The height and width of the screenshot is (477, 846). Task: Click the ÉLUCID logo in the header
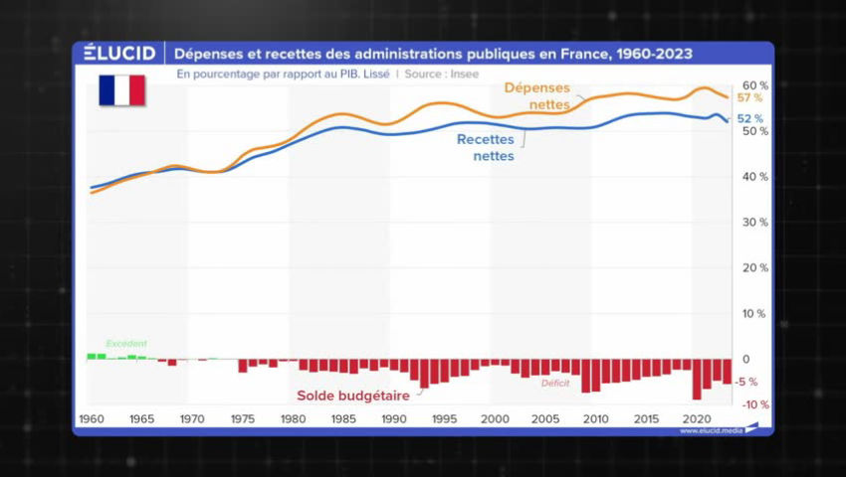coord(118,53)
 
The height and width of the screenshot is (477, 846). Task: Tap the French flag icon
coord(121,90)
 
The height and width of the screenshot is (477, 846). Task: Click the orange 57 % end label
coord(749,98)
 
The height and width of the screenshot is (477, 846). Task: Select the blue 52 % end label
coord(749,119)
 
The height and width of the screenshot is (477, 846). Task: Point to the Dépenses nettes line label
coord(537,95)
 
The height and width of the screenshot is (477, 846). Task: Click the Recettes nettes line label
coord(493,147)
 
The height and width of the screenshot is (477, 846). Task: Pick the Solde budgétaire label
coord(353,396)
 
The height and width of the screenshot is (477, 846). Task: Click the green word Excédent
coord(126,344)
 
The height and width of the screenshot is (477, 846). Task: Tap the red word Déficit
coord(556,384)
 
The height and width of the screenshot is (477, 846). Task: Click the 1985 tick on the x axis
coord(342,419)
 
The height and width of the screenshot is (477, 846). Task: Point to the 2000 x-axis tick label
coord(494,419)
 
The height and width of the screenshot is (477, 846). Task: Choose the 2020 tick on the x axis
coord(695,419)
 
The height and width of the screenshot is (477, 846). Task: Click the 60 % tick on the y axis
coord(754,85)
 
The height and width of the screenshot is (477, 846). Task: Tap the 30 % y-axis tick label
coord(754,223)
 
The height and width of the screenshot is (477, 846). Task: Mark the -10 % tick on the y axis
coord(752,404)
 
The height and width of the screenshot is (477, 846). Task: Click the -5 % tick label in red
coord(747,382)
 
